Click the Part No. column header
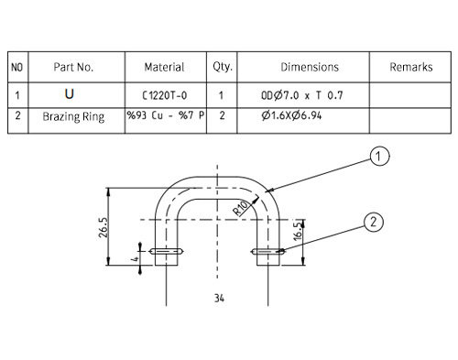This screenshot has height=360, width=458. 73,67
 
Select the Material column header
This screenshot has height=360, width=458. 164,67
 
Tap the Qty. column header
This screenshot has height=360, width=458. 223,67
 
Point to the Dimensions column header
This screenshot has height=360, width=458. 310,67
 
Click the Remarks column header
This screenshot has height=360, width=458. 411,67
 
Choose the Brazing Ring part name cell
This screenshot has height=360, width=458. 73,116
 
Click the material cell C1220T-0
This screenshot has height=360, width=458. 165,95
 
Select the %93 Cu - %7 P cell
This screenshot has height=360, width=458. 166,115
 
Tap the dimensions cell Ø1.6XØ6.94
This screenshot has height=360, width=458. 291,115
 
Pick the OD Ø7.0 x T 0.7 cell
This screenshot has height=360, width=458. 302,95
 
